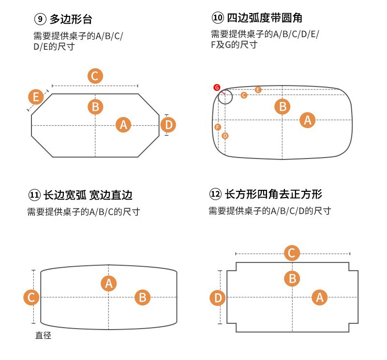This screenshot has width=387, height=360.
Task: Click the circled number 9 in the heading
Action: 40,20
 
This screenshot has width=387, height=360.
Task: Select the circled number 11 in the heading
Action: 34,195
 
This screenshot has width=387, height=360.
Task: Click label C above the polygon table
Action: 95,76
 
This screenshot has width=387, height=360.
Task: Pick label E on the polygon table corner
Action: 35,97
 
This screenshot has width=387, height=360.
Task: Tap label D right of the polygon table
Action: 168,125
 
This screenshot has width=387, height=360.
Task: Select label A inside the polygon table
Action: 123,125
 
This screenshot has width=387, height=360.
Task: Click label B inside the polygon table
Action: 95,106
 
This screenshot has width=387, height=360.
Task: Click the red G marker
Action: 217,87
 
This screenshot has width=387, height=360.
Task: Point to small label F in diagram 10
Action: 218,127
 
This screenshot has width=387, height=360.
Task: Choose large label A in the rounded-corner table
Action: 308,119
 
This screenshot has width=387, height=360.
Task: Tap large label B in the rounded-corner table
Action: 283,106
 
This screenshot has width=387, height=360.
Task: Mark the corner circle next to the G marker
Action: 225,97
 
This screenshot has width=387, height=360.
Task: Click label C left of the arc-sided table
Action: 31,297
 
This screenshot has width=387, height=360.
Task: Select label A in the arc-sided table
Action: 109,283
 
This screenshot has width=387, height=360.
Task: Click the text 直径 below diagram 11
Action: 43,335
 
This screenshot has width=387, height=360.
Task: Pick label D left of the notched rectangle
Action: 218,298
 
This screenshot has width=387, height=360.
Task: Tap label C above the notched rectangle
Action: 292,253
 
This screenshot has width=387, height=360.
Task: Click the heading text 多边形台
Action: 71,20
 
